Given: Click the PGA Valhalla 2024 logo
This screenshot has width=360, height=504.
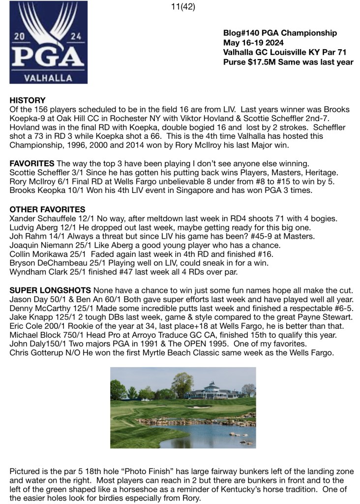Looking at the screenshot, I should coord(48,42).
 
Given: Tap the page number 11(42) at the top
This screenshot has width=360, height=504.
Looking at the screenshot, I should coord(180,7).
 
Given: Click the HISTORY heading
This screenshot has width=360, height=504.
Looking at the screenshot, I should coord(28,100).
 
